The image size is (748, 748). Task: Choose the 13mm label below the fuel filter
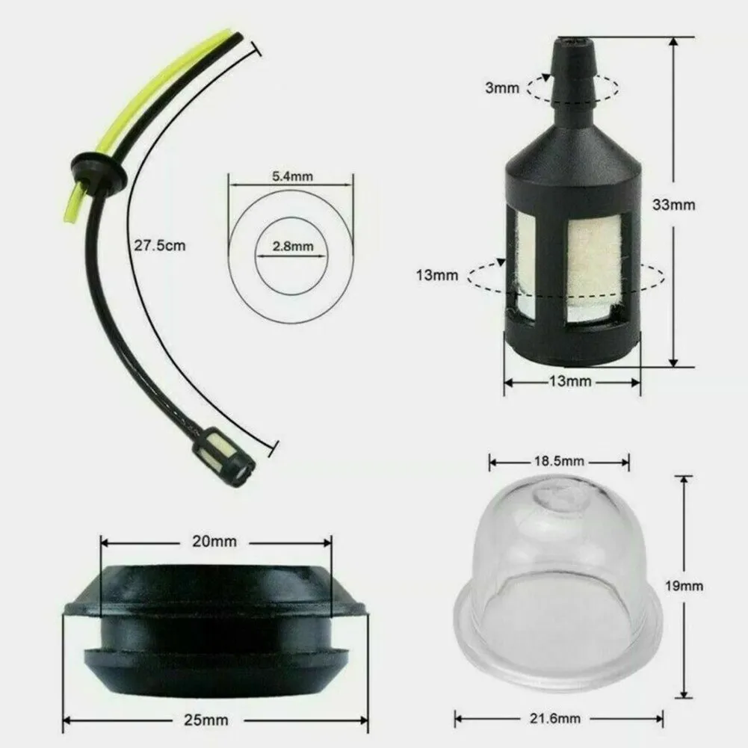[571, 382]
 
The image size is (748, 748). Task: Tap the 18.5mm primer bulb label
[558, 461]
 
